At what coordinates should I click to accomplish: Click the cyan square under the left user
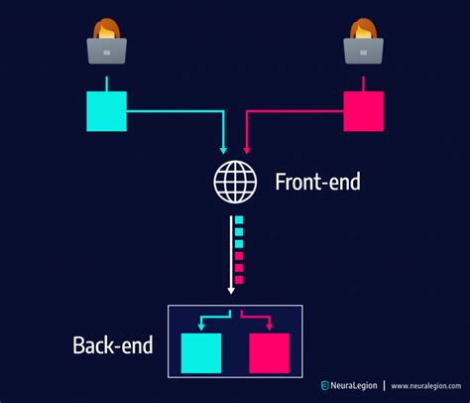coord(106,110)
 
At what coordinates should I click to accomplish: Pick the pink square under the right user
coord(363,110)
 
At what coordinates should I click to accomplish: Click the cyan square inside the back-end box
coord(201,352)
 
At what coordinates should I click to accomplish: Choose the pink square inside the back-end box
coord(269,352)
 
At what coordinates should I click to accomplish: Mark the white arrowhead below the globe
coord(232,290)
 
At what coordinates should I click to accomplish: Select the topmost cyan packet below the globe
coord(238,219)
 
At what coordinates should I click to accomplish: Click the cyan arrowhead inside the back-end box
coord(201,325)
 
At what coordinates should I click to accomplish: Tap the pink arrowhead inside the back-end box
coord(269,325)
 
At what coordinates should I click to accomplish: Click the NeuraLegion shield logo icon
coord(324,385)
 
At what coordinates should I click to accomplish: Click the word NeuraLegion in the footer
coord(353,385)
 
